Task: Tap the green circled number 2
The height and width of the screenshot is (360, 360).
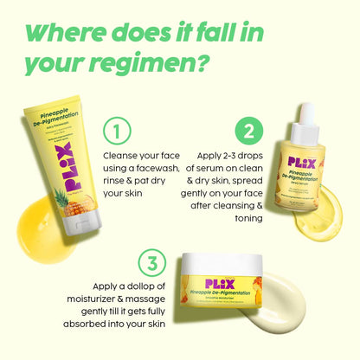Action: (249, 132)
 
